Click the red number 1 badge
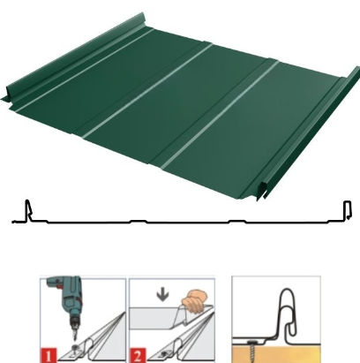pyautogui.click(x=49, y=355)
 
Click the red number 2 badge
pyautogui.click(x=137, y=355)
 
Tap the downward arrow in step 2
pyautogui.click(x=163, y=295)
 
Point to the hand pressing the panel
pyautogui.click(x=194, y=301)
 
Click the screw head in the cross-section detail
pyautogui.click(x=251, y=343)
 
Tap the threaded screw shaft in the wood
pyautogui.click(x=253, y=352)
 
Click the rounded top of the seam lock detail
pyautogui.click(x=287, y=292)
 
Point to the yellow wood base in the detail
pyautogui.click(x=276, y=354)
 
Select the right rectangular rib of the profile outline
pyautogui.click(x=348, y=210)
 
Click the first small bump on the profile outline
pyautogui.click(x=139, y=221)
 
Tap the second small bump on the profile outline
pyautogui.click(x=237, y=221)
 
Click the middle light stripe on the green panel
pyautogui.click(x=147, y=91)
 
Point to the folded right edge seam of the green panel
pyautogui.click(x=310, y=133)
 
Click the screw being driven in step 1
pyautogui.click(x=76, y=349)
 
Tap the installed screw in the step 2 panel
pyautogui.click(x=163, y=352)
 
